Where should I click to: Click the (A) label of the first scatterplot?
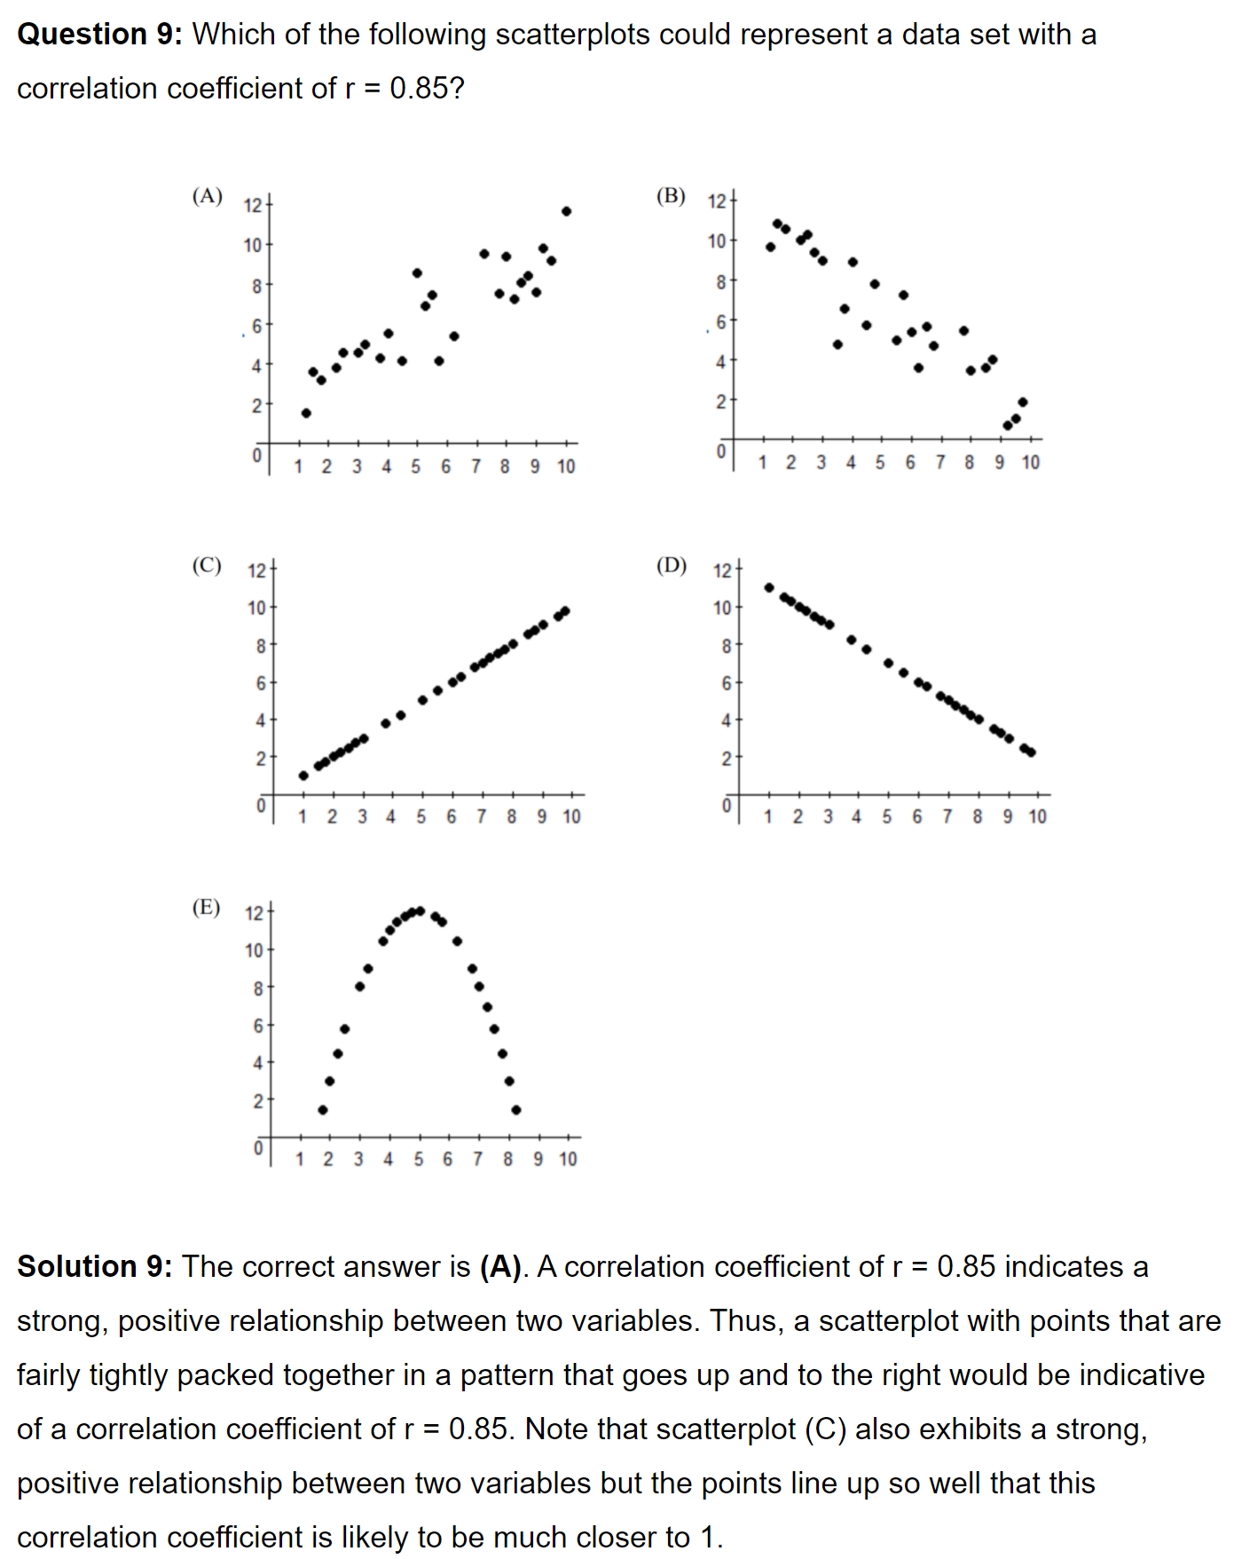pyautogui.click(x=207, y=196)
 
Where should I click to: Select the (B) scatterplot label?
pyautogui.click(x=671, y=196)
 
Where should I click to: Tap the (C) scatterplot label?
pyautogui.click(x=207, y=565)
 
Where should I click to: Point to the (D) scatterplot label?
pyautogui.click(x=672, y=565)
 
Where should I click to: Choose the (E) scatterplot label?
pyautogui.click(x=206, y=907)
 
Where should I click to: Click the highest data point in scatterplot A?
pyautogui.click(x=566, y=211)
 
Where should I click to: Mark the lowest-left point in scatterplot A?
pyautogui.click(x=306, y=413)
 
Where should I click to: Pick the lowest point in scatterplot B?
pyautogui.click(x=1008, y=426)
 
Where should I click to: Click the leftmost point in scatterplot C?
pyautogui.click(x=303, y=776)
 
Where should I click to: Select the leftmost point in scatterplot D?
pyautogui.click(x=769, y=587)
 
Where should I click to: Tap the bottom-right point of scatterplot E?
pyautogui.click(x=516, y=1110)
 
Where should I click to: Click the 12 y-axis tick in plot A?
pyautogui.click(x=253, y=205)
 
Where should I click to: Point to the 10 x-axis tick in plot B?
pyautogui.click(x=1030, y=462)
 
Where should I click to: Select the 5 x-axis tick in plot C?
pyautogui.click(x=421, y=816)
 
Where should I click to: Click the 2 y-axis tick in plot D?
pyautogui.click(x=725, y=759)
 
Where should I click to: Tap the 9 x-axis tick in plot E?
pyautogui.click(x=538, y=1159)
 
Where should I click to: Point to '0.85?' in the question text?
pyautogui.click(x=427, y=89)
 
